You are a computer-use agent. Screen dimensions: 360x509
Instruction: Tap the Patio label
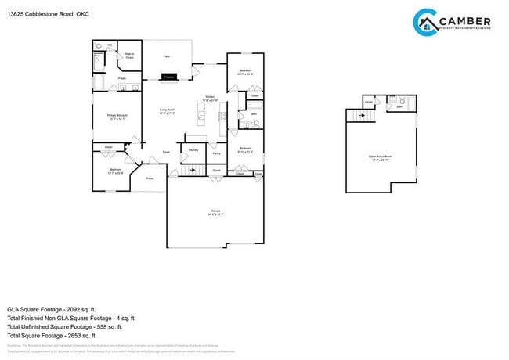pos(166,56)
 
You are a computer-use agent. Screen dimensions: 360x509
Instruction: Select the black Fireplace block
pos(169,77)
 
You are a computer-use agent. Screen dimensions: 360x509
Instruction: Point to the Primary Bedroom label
pos(117,116)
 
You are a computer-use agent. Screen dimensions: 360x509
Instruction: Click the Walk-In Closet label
pos(129,56)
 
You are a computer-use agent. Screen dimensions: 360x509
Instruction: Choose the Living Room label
pos(167,110)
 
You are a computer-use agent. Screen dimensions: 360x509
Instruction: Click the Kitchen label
pos(210,97)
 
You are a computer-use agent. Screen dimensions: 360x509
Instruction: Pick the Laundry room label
pos(192,149)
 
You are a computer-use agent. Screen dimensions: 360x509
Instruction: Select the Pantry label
pos(216,153)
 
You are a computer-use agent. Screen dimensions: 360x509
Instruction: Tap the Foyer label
pos(166,151)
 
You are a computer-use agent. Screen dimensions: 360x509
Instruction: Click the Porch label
pos(150,178)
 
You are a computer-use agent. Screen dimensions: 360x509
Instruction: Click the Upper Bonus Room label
pos(381,157)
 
